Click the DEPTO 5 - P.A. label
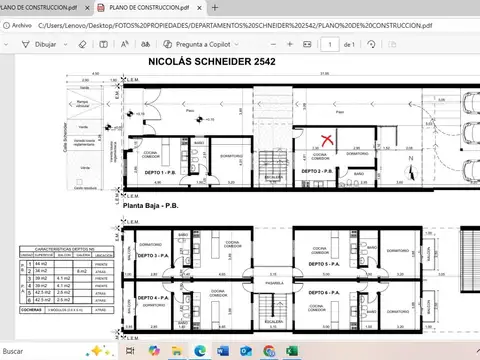pyautogui.click(x=322, y=265)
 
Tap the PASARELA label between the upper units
pyautogui.click(x=261, y=282)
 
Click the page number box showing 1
pyautogui.click(x=329, y=44)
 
